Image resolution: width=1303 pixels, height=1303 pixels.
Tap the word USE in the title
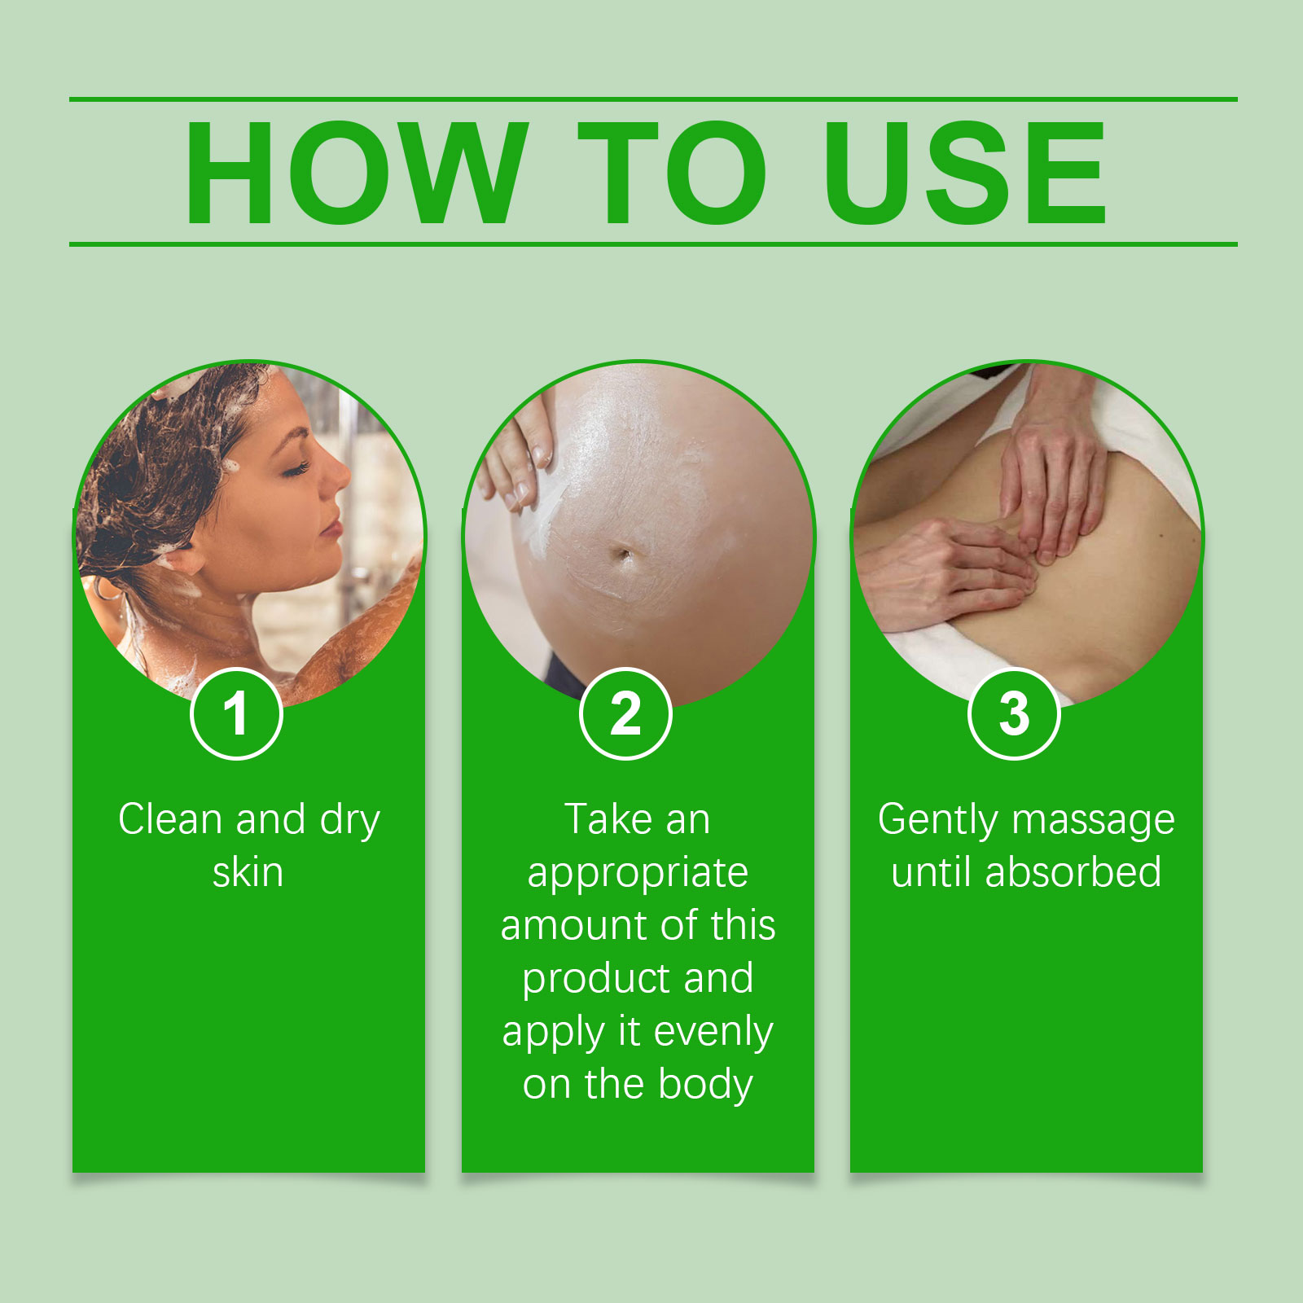(965, 173)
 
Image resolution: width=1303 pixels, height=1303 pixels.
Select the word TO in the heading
(672, 173)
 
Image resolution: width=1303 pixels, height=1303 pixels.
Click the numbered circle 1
(236, 714)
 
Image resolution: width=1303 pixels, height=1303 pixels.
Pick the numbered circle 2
(625, 714)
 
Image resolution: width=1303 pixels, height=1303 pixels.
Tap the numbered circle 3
(1014, 714)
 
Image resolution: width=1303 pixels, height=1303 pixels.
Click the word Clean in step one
(170, 819)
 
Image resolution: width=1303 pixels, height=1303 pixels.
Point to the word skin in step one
(248, 872)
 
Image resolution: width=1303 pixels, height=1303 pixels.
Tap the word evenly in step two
(713, 1033)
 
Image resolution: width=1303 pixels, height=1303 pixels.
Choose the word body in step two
(705, 1085)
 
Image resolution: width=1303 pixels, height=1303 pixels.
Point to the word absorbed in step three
(1073, 872)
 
